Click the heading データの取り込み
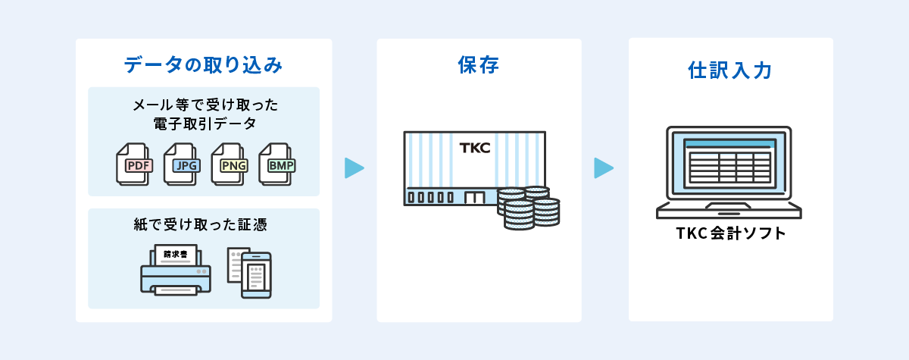[203, 65]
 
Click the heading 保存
[479, 65]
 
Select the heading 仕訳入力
[730, 70]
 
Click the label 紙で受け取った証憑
[203, 224]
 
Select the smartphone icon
[256, 274]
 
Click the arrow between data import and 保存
[354, 167]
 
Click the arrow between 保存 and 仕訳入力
[603, 167]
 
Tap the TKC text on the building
[475, 148]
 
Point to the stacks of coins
[529, 208]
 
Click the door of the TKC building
[474, 198]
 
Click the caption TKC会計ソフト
[730, 233]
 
